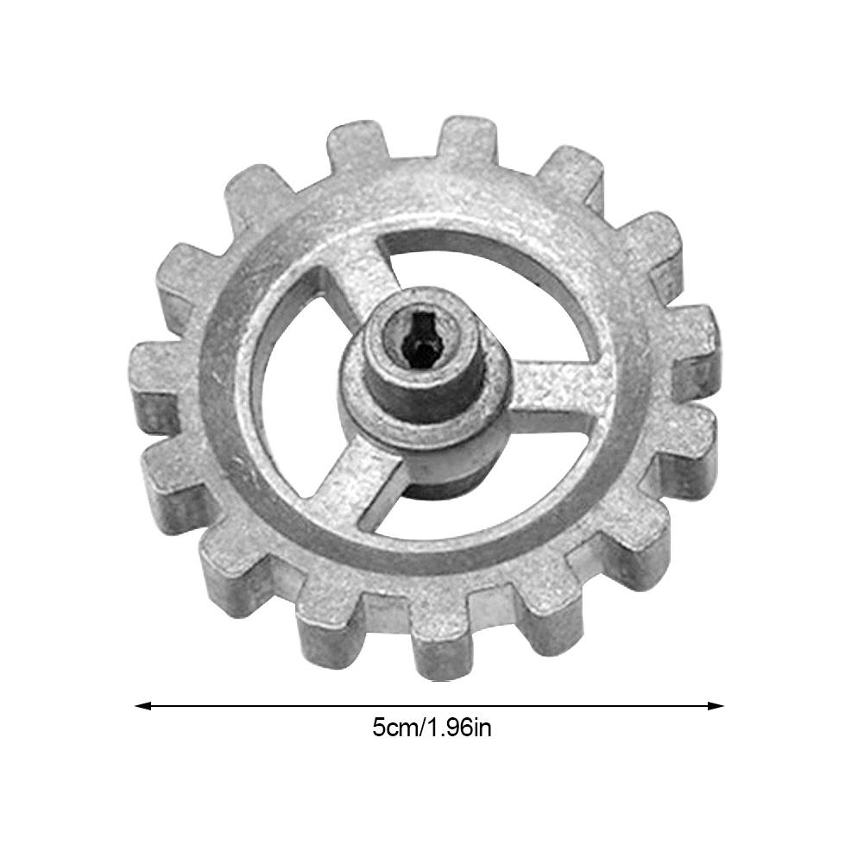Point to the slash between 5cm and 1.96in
click(x=421, y=728)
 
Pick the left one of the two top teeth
click(x=356, y=147)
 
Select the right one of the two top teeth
click(x=466, y=140)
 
